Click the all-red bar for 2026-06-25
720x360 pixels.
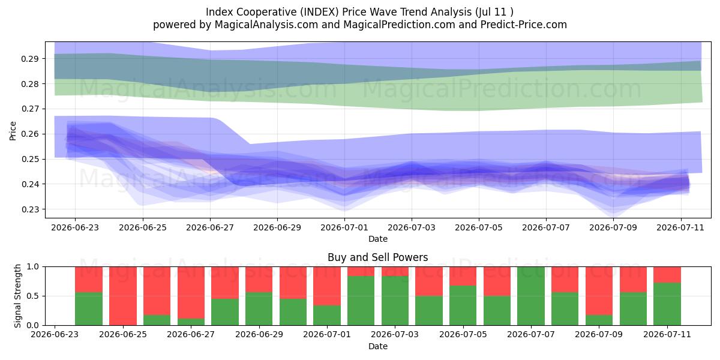(x=123, y=296)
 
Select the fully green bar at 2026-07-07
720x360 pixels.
(x=531, y=296)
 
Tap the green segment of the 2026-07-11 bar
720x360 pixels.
(x=667, y=304)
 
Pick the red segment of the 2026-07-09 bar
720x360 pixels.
(x=599, y=291)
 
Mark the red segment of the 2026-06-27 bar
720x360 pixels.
(x=191, y=293)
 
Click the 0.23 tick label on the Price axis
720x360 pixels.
(x=29, y=209)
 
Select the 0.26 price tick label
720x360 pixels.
(x=29, y=134)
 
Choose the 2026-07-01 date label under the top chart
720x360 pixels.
(x=344, y=228)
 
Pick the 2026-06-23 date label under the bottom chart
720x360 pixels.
(x=55, y=335)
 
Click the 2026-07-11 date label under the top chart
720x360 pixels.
(x=680, y=228)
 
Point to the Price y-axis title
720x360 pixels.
(x=13, y=131)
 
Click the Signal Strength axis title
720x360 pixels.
(x=17, y=296)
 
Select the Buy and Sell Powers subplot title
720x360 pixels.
(x=377, y=257)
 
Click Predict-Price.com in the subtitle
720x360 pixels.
(x=524, y=25)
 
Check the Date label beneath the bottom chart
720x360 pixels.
(x=377, y=346)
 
